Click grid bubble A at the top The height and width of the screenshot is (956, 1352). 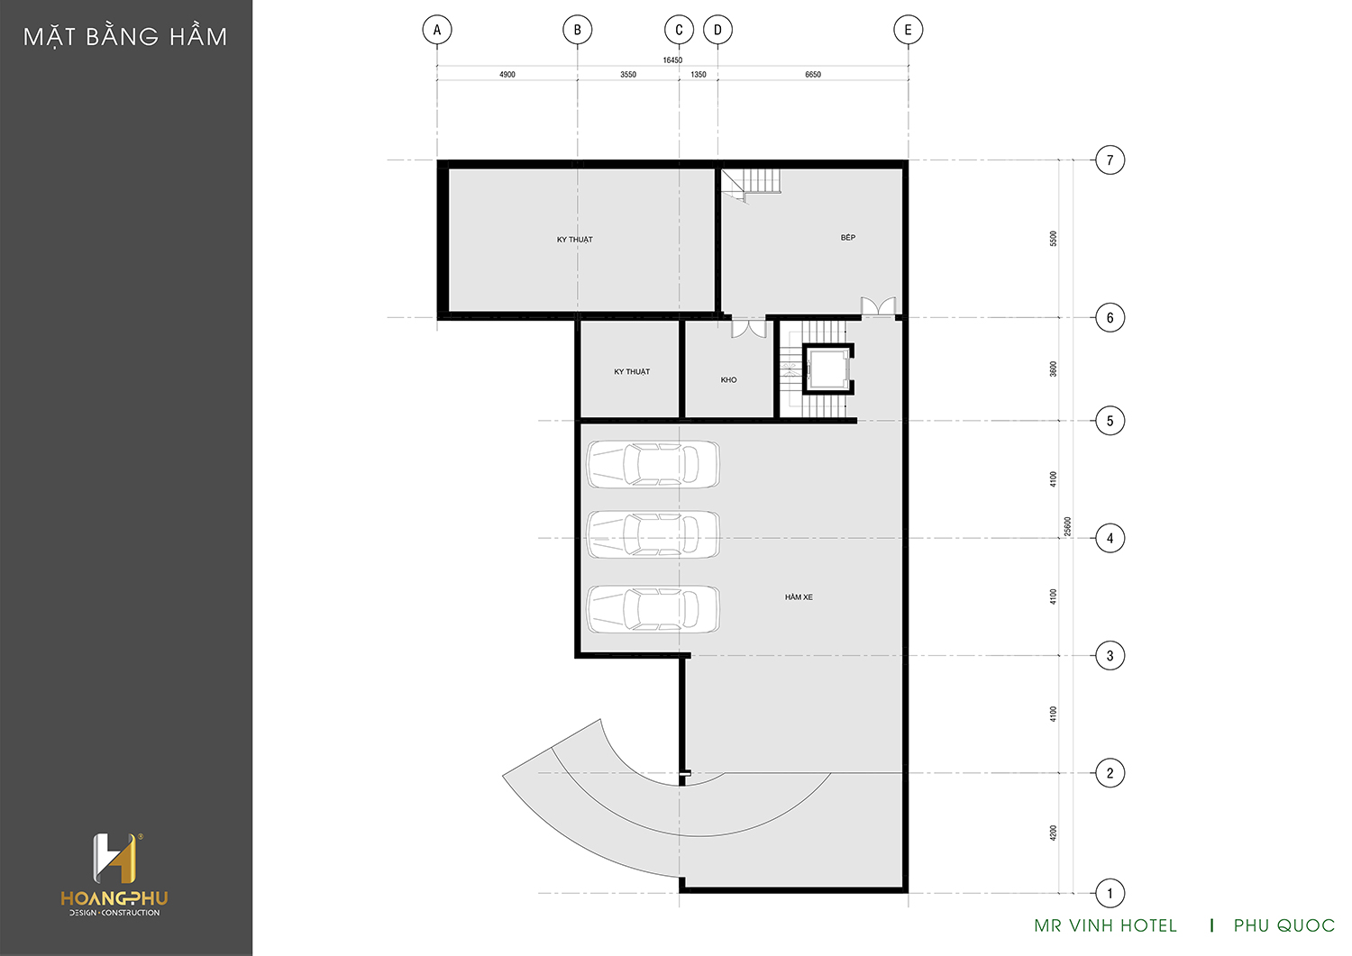coord(437,30)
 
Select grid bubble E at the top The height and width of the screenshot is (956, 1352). coord(908,30)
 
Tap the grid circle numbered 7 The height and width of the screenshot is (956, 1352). coord(1110,160)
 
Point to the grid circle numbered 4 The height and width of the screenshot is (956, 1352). coord(1110,538)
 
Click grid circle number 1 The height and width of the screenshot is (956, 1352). coord(1110,893)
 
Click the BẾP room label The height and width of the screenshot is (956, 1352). coord(847,237)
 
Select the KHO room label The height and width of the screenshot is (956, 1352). coord(728,379)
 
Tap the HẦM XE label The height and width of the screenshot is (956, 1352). coord(799,596)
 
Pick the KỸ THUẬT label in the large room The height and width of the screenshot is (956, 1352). coord(575,240)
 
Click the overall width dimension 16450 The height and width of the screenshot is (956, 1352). coord(672,59)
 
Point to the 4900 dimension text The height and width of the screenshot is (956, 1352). coord(507,74)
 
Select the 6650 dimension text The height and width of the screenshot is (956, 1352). coord(812,74)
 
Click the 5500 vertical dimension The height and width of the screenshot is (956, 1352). coord(1054,239)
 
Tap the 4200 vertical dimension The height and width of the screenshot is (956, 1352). coord(1054,833)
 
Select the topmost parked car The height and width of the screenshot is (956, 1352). coord(653,464)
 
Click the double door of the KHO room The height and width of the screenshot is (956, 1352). coord(748,328)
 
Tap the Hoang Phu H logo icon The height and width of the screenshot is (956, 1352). coord(116,858)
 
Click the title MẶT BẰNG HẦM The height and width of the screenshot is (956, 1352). coord(125,37)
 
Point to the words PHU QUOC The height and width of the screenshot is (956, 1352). coord(1283,925)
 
